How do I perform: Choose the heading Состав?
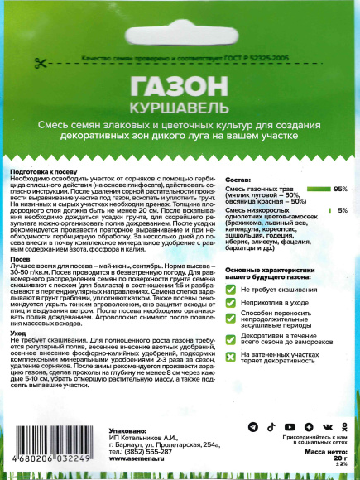(x=238, y=180)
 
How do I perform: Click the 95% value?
(x=339, y=189)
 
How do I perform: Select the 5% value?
(x=342, y=211)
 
